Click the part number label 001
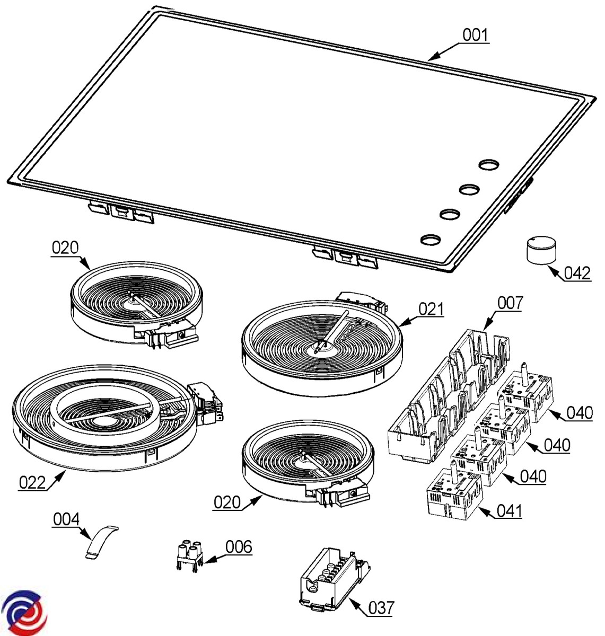pyautogui.click(x=475, y=35)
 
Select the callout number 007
pyautogui.click(x=510, y=303)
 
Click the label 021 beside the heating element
pyautogui.click(x=431, y=310)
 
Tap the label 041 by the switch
pyautogui.click(x=510, y=511)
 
